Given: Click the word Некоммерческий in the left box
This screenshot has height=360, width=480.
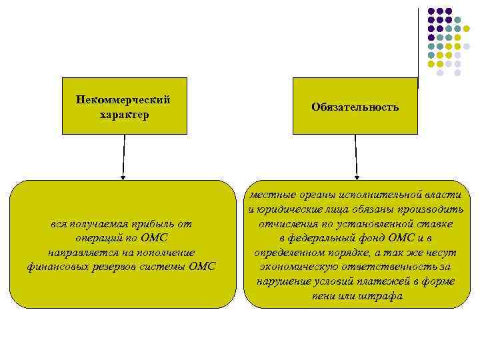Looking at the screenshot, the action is [x=123, y=100].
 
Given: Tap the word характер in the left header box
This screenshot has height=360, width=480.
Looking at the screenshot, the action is [x=123, y=115].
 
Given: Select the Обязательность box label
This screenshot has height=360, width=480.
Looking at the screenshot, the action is [x=355, y=107].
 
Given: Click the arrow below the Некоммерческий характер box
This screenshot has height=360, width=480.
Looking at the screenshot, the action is [x=123, y=157].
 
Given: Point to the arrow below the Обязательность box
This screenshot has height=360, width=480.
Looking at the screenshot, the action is [x=357, y=157].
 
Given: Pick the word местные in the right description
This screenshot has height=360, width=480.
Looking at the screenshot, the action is [x=269, y=195].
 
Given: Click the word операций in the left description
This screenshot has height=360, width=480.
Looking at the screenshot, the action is [x=99, y=238].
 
